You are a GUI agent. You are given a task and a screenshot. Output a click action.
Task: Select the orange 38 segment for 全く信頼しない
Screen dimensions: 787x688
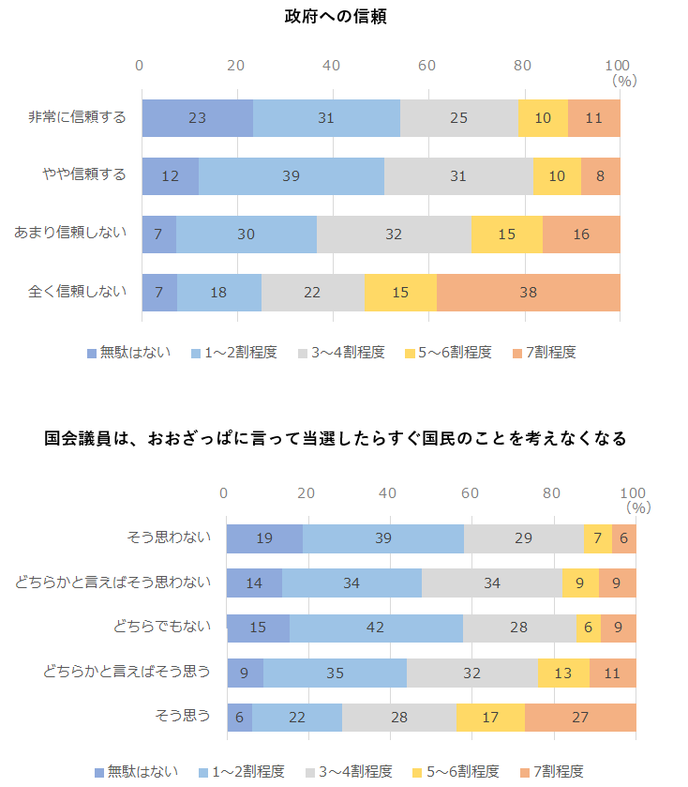click(528, 293)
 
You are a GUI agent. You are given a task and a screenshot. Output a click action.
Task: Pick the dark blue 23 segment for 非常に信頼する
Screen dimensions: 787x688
click(197, 118)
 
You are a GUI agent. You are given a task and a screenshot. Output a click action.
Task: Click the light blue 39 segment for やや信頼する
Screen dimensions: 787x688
click(291, 176)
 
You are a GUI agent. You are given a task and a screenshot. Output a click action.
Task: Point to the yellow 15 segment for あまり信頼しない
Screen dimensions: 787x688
click(507, 235)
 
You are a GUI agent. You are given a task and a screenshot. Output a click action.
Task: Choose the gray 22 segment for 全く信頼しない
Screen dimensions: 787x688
click(312, 293)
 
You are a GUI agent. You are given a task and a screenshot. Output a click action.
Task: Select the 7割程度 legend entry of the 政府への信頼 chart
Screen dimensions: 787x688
click(544, 353)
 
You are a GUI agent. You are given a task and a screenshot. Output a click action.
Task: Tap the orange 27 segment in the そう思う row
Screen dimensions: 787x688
click(580, 717)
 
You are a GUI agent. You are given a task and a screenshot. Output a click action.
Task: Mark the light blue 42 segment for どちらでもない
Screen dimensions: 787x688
click(376, 628)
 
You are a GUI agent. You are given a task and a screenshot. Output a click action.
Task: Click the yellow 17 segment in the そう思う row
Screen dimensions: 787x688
click(490, 717)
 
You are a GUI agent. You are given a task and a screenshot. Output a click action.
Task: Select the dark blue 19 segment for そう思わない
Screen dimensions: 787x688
click(264, 538)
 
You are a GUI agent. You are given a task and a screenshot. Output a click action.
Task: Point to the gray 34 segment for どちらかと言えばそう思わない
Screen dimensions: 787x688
click(491, 583)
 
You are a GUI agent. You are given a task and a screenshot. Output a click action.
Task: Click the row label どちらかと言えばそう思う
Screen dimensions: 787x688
click(127, 671)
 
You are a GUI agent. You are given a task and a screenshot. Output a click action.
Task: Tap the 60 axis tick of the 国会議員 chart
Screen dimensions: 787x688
click(470, 493)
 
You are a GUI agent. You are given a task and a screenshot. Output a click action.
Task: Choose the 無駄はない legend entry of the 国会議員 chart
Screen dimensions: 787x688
click(132, 771)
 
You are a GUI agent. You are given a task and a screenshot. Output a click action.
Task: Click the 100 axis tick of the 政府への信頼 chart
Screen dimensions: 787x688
click(618, 65)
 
